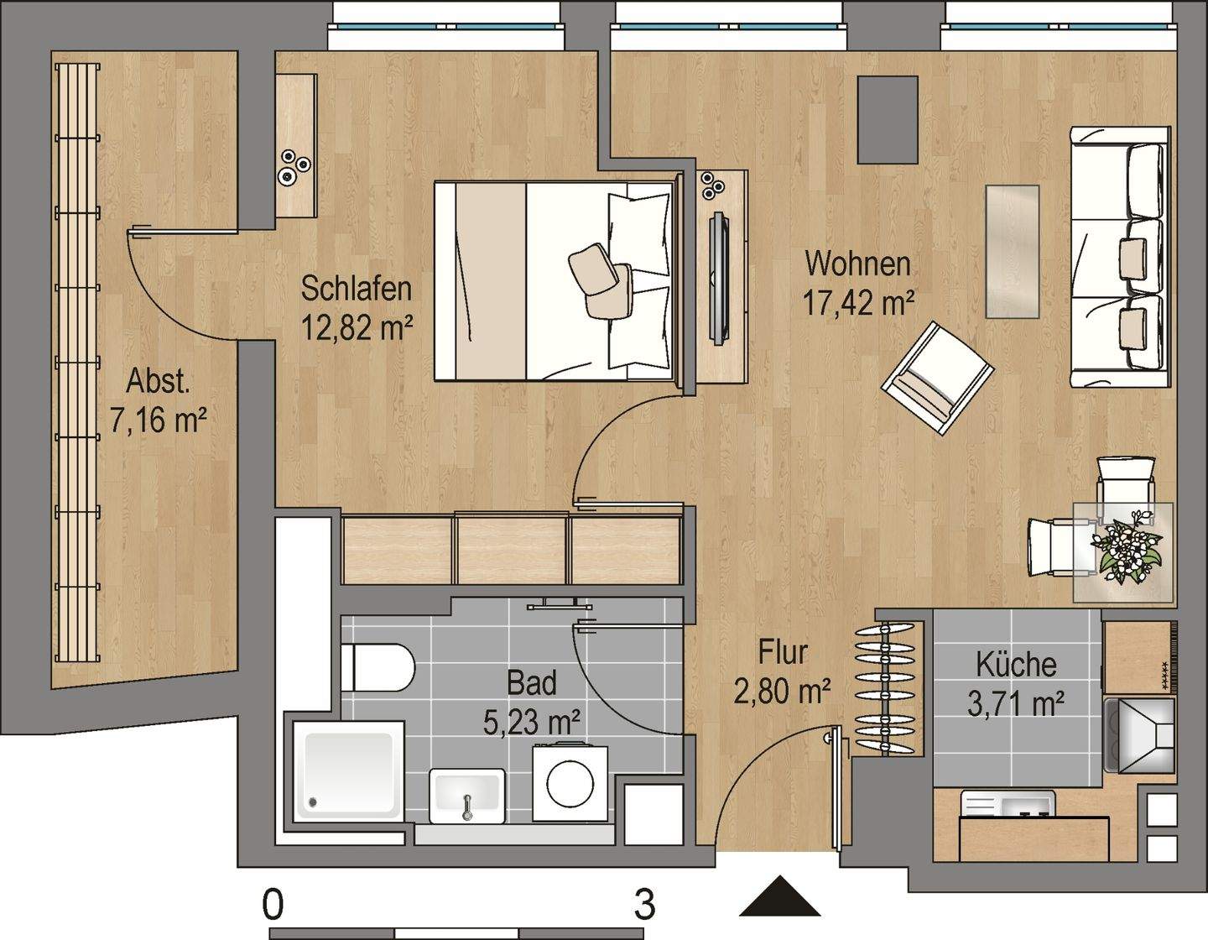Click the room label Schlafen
tap(357, 288)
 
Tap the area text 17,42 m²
tap(858, 303)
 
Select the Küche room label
tap(1016, 666)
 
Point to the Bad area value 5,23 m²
tap(532, 723)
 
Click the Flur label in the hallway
tap(783, 653)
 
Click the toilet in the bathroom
tap(377, 667)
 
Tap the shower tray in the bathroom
tap(348, 770)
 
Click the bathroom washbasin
tap(467, 796)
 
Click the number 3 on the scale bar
tap(644, 905)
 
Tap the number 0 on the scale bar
tap(273, 905)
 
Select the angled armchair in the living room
tap(938, 379)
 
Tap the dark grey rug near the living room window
tap(888, 119)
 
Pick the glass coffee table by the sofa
tap(1013, 252)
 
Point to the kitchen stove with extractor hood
tap(1139, 735)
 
